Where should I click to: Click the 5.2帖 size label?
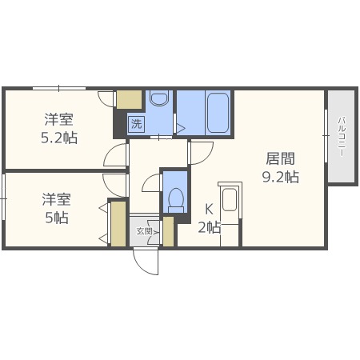tap(60, 138)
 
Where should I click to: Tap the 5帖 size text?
tap(54, 218)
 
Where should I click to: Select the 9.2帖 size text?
tap(280, 178)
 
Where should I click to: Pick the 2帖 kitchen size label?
tap(209, 228)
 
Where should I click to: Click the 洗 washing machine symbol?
tap(136, 124)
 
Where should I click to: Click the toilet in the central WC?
tap(175, 197)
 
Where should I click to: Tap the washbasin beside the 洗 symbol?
tap(158, 100)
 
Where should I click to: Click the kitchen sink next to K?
tap(230, 200)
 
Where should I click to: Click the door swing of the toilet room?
tap(152, 186)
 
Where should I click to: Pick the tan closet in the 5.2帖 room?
tap(128, 100)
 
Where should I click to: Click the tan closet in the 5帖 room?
tap(118, 224)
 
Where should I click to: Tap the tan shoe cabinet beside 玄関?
tap(168, 231)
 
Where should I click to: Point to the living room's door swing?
tap(200, 152)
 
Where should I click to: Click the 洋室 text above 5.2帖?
tap(60, 120)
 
